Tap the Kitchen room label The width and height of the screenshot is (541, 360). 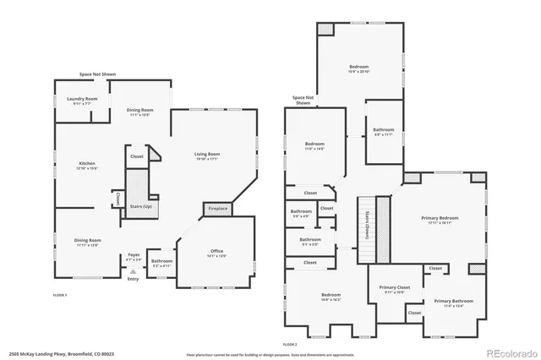coord(87,166)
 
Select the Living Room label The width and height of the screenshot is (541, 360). coord(207,155)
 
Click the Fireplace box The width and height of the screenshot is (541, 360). coord(217,209)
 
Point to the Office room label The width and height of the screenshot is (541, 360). coord(217,254)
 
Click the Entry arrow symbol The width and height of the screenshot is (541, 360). coord(133,270)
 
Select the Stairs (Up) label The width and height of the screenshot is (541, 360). coord(141,205)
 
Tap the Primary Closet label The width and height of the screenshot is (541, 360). coord(393,289)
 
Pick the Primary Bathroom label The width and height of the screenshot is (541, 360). coord(454,303)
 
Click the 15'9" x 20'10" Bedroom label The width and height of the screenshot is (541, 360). coord(358,68)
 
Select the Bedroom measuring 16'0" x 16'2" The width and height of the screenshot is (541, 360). coord(330,297)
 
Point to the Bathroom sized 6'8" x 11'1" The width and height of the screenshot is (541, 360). coord(384,132)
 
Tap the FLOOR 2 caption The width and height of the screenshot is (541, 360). coord(291,345)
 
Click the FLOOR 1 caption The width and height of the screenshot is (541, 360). coord(60,295)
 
